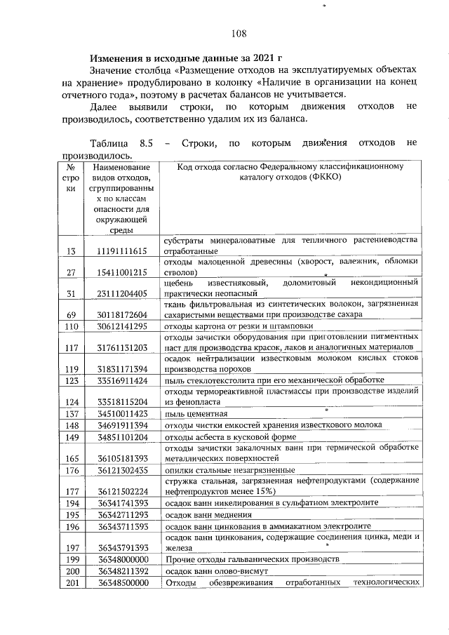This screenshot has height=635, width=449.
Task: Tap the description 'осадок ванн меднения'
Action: (x=208, y=514)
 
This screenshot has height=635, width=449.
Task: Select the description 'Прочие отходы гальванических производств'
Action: (x=252, y=559)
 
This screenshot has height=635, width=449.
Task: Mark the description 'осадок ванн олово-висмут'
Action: (x=215, y=571)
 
